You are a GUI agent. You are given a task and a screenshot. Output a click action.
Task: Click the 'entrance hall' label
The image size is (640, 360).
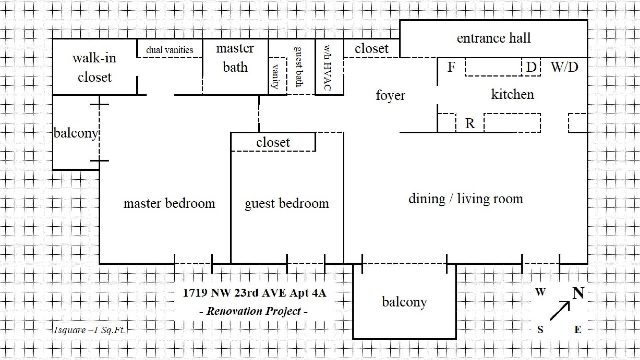[x=494, y=38]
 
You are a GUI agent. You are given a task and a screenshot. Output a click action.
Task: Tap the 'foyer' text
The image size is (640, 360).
[x=390, y=95]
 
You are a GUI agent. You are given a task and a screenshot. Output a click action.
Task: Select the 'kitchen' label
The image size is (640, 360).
[x=512, y=94]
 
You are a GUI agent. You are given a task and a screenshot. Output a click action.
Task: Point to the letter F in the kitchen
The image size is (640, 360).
[x=451, y=67]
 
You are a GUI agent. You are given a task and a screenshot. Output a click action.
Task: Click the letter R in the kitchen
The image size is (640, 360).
[x=470, y=123]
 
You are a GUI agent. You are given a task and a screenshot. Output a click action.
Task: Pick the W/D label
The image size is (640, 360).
[x=564, y=67]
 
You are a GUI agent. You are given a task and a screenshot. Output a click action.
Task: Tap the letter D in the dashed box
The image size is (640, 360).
[x=531, y=67]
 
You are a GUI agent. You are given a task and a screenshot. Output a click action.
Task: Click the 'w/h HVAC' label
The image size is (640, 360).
[x=328, y=68]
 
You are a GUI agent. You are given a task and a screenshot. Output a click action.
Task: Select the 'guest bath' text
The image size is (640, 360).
[x=299, y=67]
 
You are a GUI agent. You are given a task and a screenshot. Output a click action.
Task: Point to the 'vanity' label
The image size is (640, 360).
[x=276, y=76]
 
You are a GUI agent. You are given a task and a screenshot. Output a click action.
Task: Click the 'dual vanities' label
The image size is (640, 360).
[x=170, y=50]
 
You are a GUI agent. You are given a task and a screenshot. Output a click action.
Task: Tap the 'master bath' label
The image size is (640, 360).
[x=235, y=58]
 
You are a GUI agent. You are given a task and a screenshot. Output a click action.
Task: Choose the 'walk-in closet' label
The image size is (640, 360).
[x=94, y=67]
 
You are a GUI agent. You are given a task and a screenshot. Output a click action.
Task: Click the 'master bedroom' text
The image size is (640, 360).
[x=169, y=203]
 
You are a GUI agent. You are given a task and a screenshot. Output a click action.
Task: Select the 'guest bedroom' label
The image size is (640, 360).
[x=287, y=204]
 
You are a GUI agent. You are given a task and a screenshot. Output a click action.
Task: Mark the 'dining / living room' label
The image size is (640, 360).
[x=466, y=199]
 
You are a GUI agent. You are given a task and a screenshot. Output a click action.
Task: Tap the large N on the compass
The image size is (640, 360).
[x=578, y=293]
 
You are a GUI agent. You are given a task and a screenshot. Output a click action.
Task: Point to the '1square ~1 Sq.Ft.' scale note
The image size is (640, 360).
[x=89, y=330]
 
